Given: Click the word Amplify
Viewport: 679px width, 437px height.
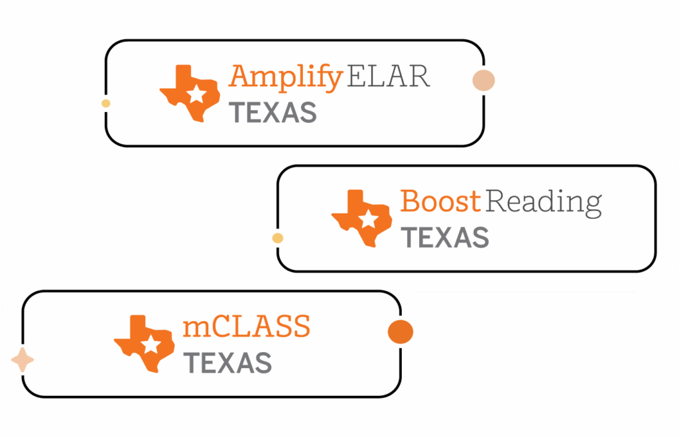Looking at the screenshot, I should (285, 78).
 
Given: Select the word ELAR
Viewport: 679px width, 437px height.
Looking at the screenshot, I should (388, 77).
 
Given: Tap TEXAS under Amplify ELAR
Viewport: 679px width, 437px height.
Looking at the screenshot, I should (273, 113).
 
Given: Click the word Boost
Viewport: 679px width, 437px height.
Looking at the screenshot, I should (440, 201).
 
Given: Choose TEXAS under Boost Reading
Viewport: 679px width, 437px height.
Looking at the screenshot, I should (446, 237).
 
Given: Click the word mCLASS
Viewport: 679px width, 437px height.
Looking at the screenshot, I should (247, 326).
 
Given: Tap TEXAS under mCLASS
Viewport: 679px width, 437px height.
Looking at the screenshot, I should (227, 363).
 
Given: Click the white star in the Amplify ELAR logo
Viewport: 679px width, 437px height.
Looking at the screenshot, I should (196, 95).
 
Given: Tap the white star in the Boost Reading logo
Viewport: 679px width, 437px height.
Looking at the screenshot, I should (368, 219).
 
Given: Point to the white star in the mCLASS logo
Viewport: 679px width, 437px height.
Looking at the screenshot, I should (151, 345).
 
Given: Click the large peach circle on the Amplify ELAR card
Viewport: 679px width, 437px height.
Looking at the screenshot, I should (483, 80).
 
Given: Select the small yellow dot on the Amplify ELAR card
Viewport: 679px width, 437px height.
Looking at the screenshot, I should (105, 103).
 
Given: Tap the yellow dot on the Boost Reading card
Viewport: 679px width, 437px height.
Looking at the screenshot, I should (278, 238).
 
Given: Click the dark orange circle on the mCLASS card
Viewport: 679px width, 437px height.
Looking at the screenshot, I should (401, 332).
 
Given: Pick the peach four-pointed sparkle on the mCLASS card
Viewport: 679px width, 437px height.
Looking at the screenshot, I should (23, 360).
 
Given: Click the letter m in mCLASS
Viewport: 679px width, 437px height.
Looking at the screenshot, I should (196, 328).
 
